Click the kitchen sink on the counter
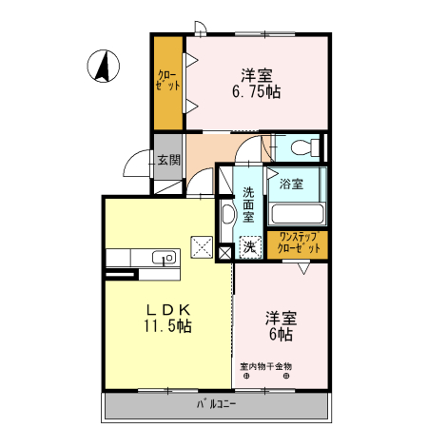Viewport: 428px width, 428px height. pos(163,257)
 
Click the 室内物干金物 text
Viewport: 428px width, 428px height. pos(266,366)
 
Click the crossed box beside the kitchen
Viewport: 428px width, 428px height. pos(204,246)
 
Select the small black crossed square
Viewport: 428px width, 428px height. pos(224,253)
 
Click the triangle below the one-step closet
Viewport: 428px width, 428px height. pos(302,269)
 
